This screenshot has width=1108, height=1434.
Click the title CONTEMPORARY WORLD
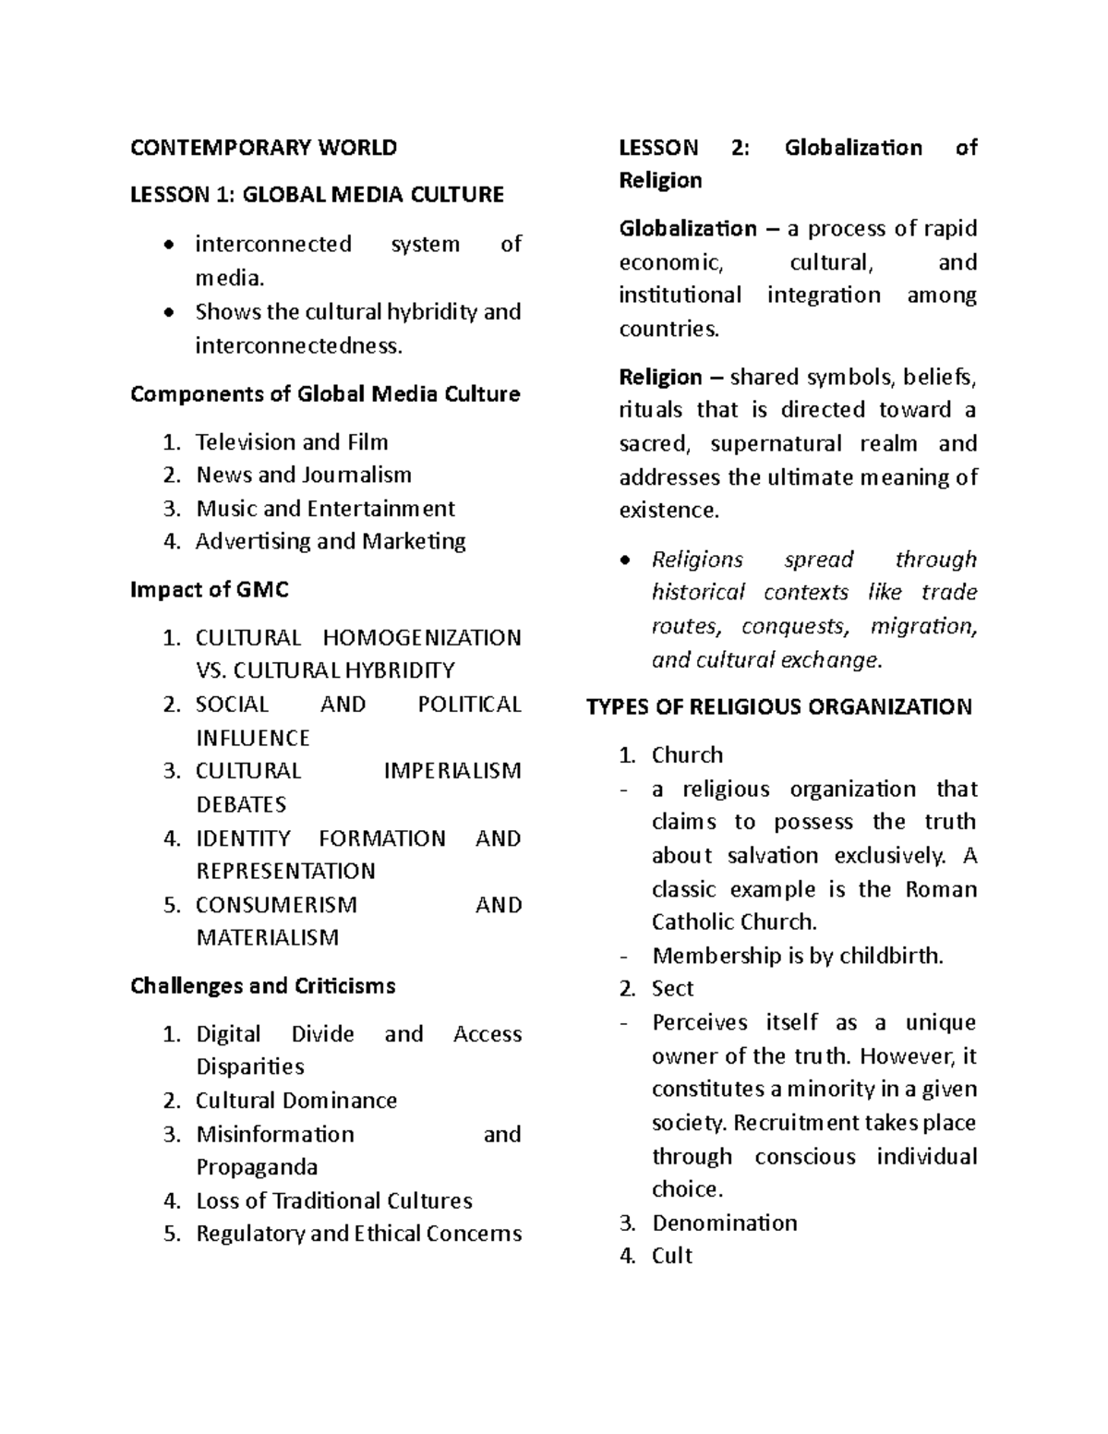pyautogui.click(x=263, y=148)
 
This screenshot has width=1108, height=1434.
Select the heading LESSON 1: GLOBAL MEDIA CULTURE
pyautogui.click(x=317, y=195)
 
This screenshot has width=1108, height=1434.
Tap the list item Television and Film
pyautogui.click(x=292, y=442)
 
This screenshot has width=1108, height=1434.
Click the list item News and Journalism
pyautogui.click(x=304, y=476)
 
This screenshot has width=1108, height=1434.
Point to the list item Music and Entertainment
pyautogui.click(x=325, y=509)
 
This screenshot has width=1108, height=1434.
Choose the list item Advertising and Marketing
pyautogui.click(x=331, y=542)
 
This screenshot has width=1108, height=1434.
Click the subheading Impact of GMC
pyautogui.click(x=210, y=590)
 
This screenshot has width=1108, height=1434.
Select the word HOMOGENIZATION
pyautogui.click(x=422, y=638)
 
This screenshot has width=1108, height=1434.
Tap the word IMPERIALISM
pyautogui.click(x=452, y=771)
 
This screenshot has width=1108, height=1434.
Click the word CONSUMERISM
pyautogui.click(x=276, y=905)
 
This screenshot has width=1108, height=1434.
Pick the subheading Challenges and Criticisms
pyautogui.click(x=263, y=986)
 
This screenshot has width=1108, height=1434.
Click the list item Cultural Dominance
pyautogui.click(x=296, y=1101)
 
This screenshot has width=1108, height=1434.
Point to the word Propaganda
pyautogui.click(x=257, y=1167)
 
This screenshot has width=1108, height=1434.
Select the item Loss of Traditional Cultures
pyautogui.click(x=334, y=1201)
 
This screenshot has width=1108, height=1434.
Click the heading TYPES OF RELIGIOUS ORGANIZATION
pyautogui.click(x=779, y=707)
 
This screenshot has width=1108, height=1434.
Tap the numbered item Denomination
pyautogui.click(x=724, y=1223)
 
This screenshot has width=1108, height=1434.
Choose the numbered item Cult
pyautogui.click(x=671, y=1256)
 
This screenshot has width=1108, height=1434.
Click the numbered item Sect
pyautogui.click(x=672, y=989)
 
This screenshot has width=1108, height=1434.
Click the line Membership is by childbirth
pyautogui.click(x=798, y=956)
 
